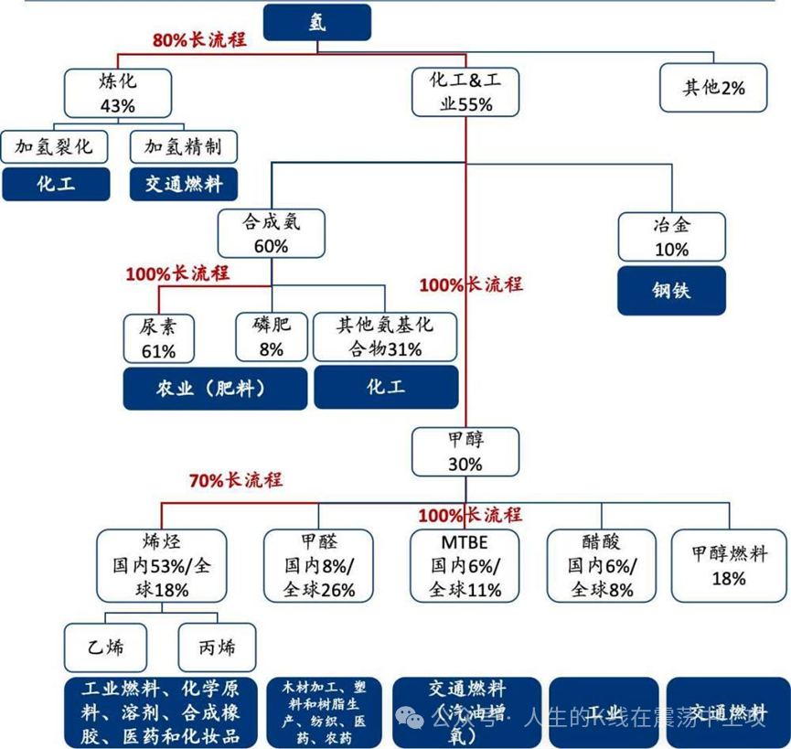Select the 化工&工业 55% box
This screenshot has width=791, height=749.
point(466,93)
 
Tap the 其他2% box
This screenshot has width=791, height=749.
point(713,89)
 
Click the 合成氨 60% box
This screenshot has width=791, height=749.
point(271,233)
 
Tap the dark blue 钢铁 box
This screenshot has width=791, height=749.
point(672,291)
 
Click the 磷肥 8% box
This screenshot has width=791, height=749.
point(271,337)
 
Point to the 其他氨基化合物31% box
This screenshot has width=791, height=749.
point(385,337)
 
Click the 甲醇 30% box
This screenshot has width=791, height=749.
point(465,452)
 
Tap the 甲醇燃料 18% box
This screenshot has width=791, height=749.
point(728,566)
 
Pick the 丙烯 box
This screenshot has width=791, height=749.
point(217,648)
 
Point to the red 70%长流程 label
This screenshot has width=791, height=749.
point(236,480)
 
